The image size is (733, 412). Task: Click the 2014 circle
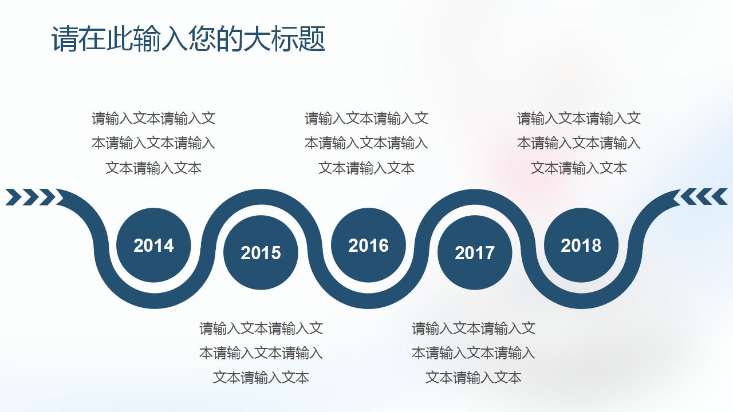point(153,245)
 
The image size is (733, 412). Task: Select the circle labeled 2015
point(261,252)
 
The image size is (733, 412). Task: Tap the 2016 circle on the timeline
point(368,245)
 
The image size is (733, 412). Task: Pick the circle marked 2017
point(475,252)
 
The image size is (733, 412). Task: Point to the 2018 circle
point(581,245)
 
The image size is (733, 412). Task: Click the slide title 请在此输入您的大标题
point(188,39)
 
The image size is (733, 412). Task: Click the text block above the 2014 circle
point(153,143)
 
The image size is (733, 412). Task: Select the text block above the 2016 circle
point(366,143)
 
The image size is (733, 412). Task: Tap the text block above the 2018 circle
point(579,143)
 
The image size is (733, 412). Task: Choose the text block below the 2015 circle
point(261,352)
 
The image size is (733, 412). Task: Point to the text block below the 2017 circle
point(474,352)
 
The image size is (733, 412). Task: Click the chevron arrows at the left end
point(30,197)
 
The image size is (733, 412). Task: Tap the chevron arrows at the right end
point(703,197)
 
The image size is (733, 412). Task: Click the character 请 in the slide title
point(64,39)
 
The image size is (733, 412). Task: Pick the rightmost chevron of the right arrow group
point(720,197)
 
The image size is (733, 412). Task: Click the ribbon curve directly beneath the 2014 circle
point(153,299)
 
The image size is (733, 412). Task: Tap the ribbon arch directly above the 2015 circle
point(261,199)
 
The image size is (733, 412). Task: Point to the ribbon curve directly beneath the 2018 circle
point(581,299)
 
